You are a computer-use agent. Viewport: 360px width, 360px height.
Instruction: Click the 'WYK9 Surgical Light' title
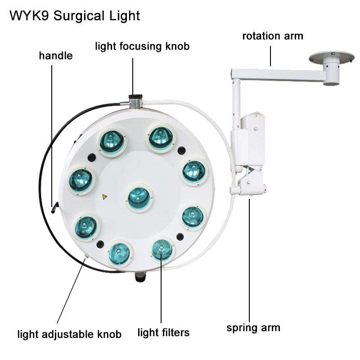point(74,16)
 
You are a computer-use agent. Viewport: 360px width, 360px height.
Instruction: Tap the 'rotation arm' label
point(273,36)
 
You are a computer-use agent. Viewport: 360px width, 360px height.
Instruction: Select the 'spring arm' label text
point(253,327)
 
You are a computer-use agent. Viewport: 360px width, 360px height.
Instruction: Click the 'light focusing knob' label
point(142,46)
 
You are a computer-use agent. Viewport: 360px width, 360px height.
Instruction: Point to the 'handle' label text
point(56,56)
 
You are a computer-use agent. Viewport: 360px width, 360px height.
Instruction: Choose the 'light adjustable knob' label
point(69,334)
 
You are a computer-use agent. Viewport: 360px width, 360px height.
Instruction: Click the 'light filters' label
point(163,333)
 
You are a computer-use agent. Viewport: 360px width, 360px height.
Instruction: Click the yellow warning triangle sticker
point(105,197)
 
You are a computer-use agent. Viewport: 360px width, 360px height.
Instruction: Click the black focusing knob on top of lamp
point(135,97)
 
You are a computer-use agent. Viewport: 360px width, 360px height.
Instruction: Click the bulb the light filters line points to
point(162,249)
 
